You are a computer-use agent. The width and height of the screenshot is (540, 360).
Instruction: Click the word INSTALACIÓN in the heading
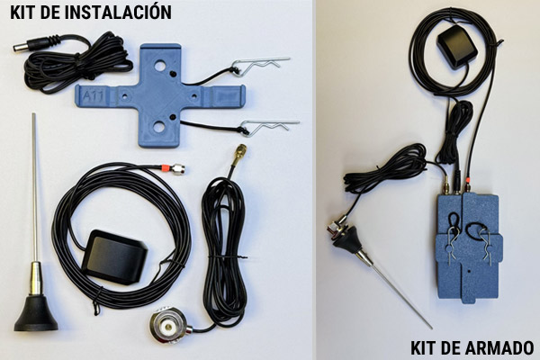click(x=117, y=12)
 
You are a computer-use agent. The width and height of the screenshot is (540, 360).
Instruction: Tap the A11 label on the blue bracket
click(x=94, y=95)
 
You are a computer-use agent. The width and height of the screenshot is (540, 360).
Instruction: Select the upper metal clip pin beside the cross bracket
click(x=261, y=65)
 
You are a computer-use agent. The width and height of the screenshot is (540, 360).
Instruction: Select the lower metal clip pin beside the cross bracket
click(x=270, y=126)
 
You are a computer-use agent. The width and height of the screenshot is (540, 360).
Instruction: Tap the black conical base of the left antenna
click(x=36, y=313)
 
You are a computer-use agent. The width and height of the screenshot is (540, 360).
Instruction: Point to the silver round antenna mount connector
click(x=169, y=325)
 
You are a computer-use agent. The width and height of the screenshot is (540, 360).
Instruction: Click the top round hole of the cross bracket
click(x=159, y=66)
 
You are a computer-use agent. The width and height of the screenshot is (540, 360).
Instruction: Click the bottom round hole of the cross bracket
click(x=158, y=127)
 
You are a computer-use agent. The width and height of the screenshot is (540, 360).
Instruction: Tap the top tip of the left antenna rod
click(x=34, y=113)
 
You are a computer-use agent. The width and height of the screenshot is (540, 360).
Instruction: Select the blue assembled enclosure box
click(x=468, y=247)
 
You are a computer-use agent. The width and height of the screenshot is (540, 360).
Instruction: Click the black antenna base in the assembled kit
click(x=347, y=239)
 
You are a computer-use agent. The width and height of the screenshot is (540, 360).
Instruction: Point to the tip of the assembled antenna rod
click(x=430, y=328)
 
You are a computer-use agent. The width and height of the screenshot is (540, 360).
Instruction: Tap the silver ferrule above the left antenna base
click(x=35, y=278)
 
